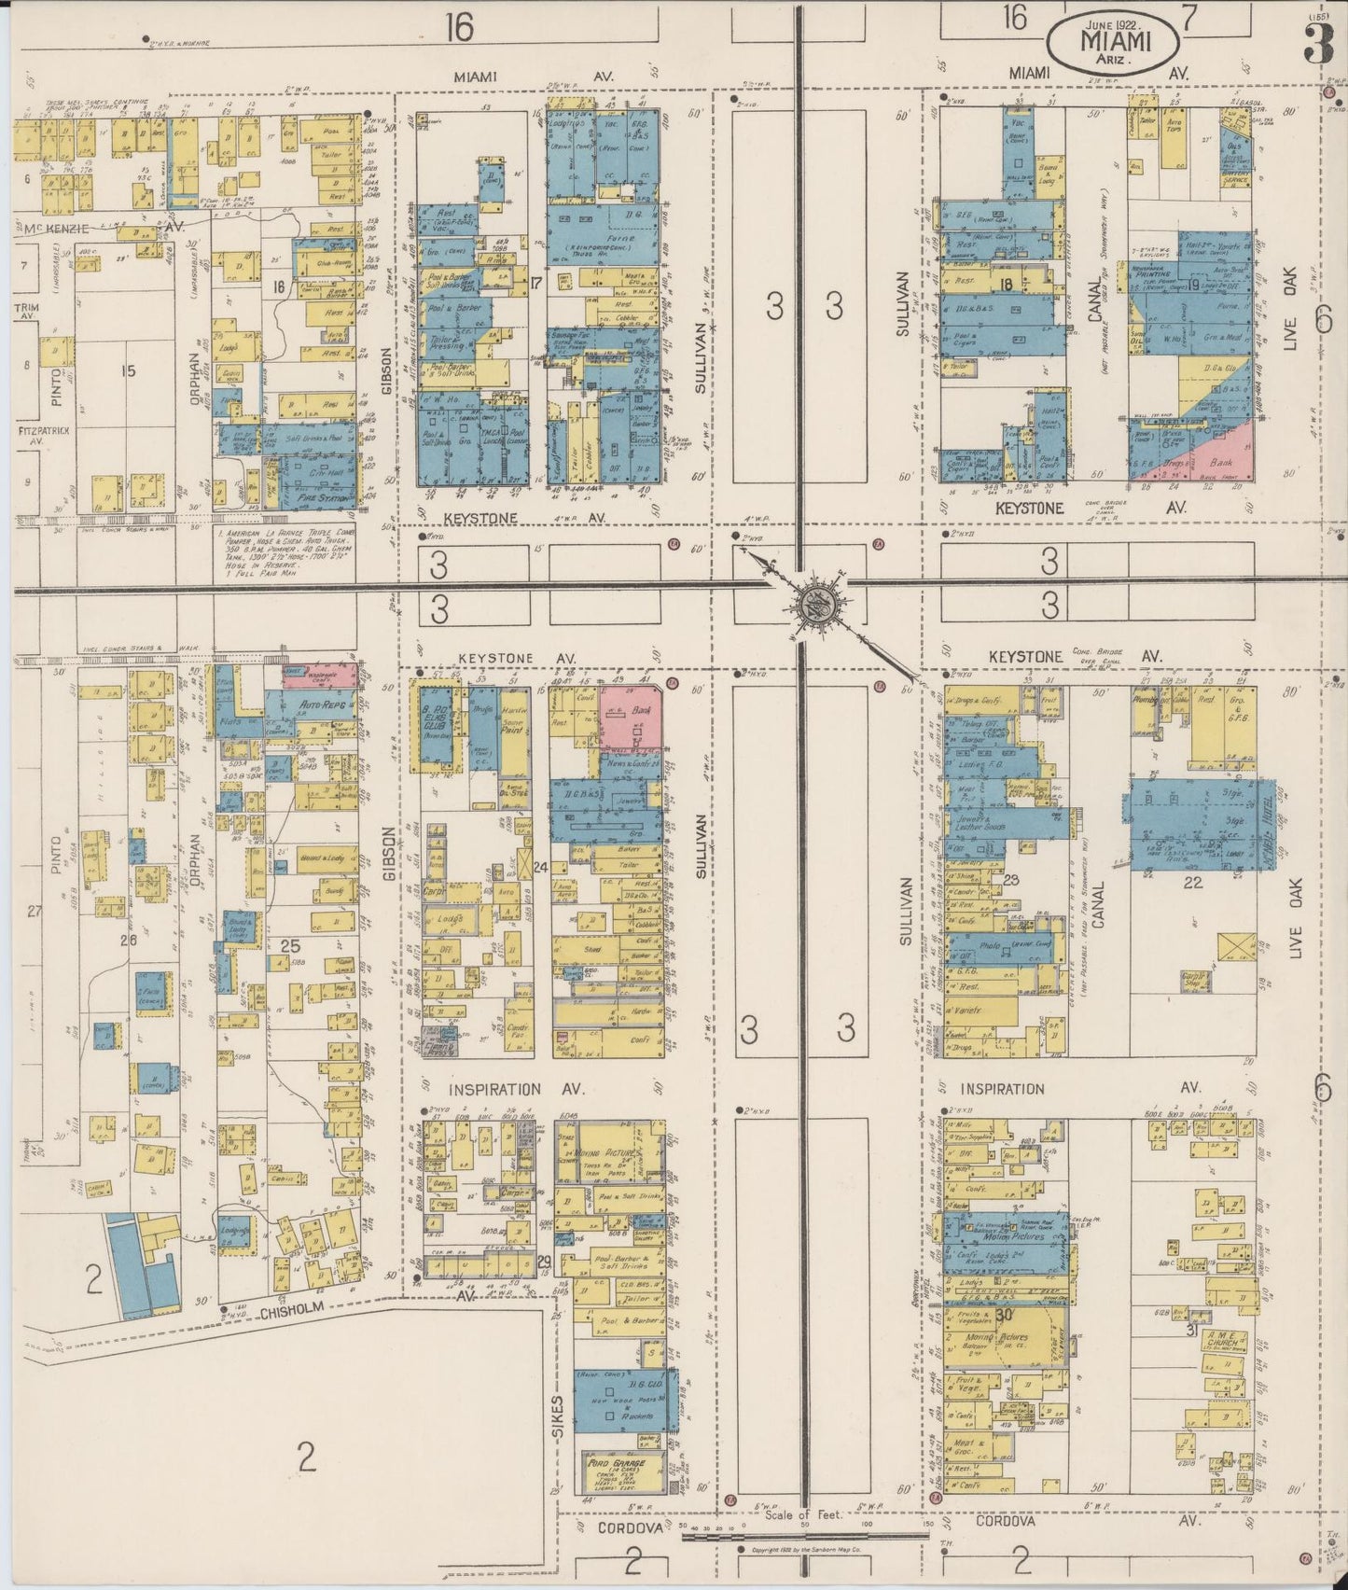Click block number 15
pyautogui.click(x=129, y=370)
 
